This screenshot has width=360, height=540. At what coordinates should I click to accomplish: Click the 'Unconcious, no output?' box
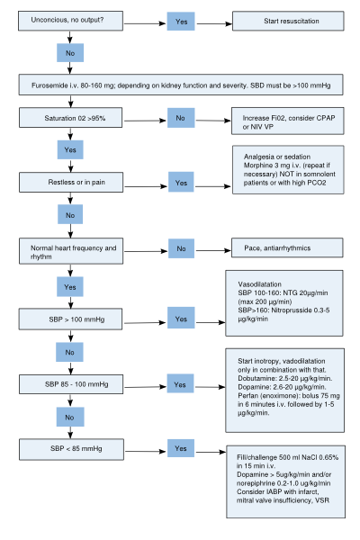(70, 21)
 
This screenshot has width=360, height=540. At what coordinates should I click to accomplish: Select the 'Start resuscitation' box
(288, 21)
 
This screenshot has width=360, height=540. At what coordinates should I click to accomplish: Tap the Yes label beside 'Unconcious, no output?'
(181, 22)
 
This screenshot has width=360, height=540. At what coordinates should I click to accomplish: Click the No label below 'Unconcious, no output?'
(70, 53)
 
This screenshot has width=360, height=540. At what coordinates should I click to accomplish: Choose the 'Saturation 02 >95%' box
(70, 117)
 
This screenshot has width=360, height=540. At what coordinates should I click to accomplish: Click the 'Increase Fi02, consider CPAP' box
(288, 121)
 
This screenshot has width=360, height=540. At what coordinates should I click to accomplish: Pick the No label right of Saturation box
(181, 118)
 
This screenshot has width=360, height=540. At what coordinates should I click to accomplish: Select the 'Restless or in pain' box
(71, 182)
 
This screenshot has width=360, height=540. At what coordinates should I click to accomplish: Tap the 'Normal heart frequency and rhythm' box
(71, 251)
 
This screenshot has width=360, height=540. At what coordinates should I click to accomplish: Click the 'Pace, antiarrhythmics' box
(287, 247)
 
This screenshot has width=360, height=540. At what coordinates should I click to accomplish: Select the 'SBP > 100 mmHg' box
(70, 319)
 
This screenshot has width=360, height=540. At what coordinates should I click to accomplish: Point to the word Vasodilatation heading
(260, 284)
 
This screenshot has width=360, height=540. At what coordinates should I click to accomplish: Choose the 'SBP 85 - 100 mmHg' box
(71, 384)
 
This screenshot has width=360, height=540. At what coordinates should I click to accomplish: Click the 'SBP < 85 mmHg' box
(71, 449)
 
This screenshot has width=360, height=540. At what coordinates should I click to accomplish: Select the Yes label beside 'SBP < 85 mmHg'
(181, 448)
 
